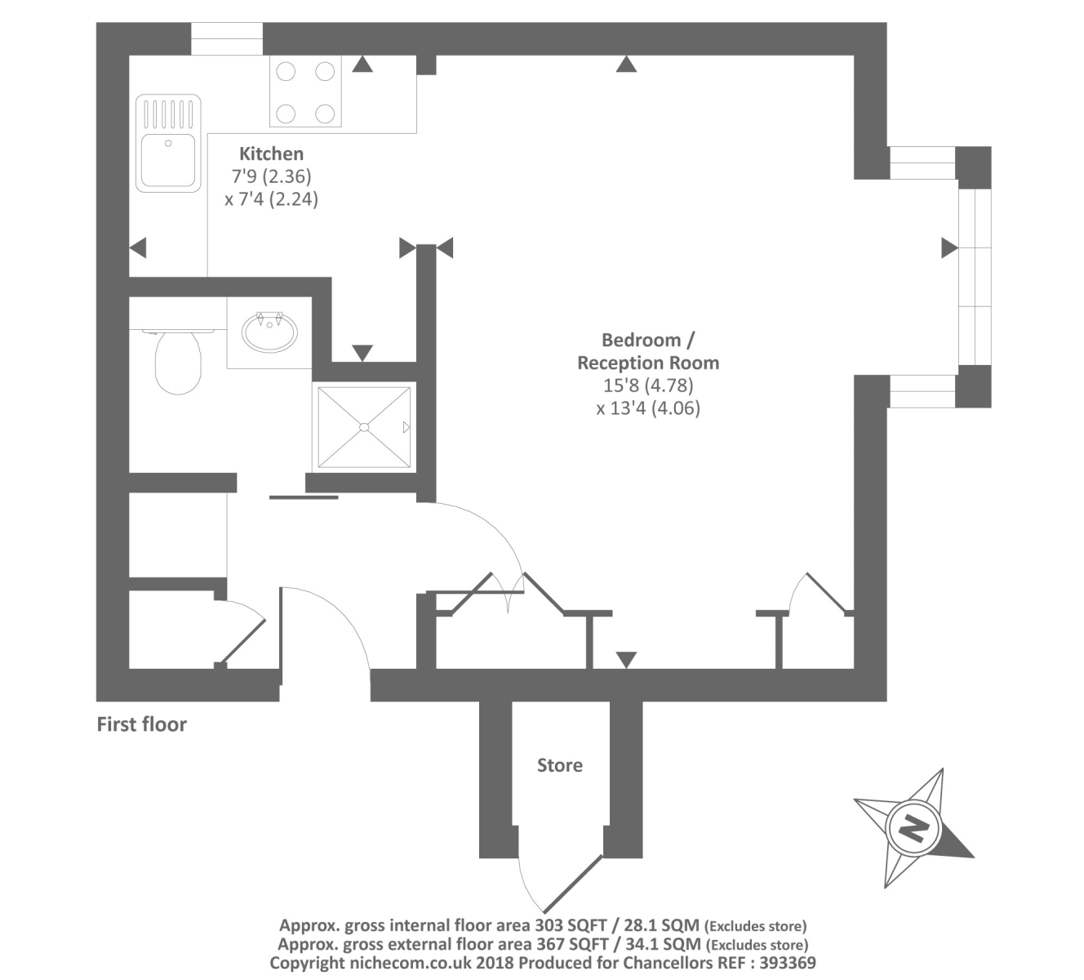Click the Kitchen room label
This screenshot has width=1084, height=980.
coord(271,154)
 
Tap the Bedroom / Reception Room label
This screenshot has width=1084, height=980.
coord(648,351)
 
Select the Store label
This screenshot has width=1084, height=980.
coord(559,765)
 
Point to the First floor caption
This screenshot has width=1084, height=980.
coord(141,724)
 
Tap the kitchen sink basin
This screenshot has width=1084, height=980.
coord(167,159)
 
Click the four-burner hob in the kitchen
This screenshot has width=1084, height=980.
coord(305,91)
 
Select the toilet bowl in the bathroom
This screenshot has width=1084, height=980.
coord(177,362)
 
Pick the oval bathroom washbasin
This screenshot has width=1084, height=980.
coord(269,330)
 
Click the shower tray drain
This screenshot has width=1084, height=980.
coord(364,426)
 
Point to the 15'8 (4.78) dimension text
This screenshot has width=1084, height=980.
coord(648,385)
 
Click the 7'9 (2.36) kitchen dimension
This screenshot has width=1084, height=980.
coord(271,176)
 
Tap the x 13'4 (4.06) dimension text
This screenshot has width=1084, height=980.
coord(648,408)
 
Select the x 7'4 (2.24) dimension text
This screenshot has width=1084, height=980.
coord(271,198)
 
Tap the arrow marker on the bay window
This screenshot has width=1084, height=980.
coord(948,247)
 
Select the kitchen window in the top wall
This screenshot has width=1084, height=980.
coord(227,38)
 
